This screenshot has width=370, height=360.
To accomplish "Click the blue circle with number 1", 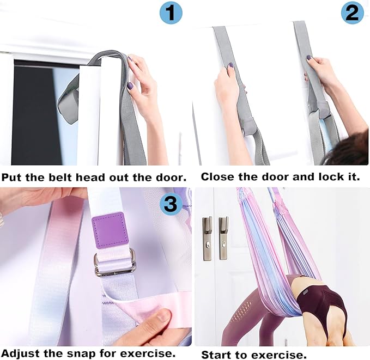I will click(x=171, y=13).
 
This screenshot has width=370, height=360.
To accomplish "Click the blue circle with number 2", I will click(x=353, y=13).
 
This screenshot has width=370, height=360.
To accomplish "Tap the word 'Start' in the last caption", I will click(x=216, y=355).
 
